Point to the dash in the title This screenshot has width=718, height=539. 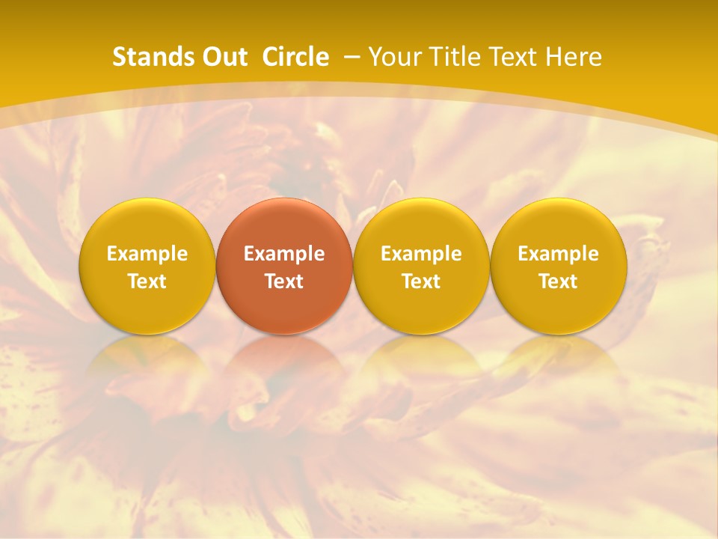coord(352,58)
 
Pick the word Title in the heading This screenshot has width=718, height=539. coord(457,57)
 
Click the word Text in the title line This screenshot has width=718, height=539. coord(515,57)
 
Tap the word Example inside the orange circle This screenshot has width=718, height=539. coord(284,254)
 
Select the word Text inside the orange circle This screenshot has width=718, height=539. coord(284,281)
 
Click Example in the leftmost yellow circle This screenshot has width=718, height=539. coord(147,254)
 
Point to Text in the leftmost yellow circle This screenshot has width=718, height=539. coord(147,281)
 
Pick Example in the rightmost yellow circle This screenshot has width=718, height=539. coord(559,254)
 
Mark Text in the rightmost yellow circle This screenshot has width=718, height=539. coord(559,281)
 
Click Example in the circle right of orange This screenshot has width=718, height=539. coord(421,254)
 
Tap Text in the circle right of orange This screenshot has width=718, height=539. coord(421,281)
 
